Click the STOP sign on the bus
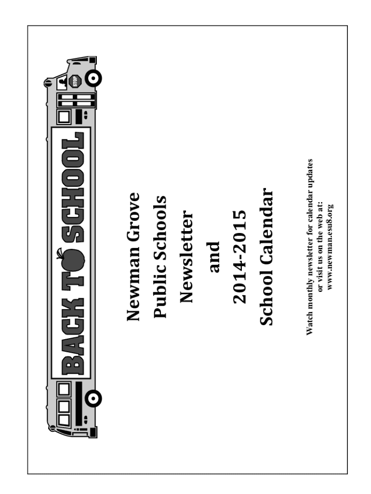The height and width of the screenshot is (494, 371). click(x=75, y=81)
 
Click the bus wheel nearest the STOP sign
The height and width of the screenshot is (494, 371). click(x=93, y=78)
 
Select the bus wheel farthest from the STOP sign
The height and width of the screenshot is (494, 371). click(x=93, y=398)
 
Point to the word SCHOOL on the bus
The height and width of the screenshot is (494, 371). click(x=73, y=187)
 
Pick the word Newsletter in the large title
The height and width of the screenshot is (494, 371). click(x=186, y=257)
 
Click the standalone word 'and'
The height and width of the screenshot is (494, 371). click(x=213, y=257)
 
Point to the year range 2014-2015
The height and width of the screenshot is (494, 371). click(x=240, y=257)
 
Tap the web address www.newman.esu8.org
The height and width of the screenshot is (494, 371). click(x=330, y=247)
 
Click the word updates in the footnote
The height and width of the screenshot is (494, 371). click(x=310, y=170)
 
